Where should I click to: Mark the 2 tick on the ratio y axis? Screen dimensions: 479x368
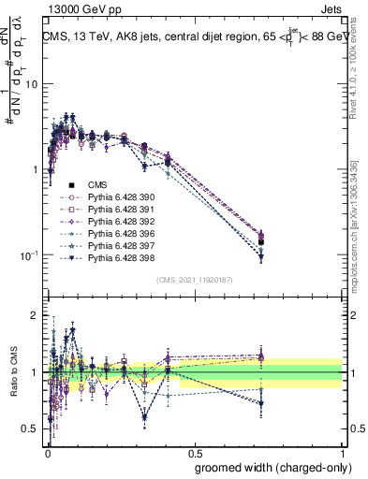pyautogui.click(x=35, y=315)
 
